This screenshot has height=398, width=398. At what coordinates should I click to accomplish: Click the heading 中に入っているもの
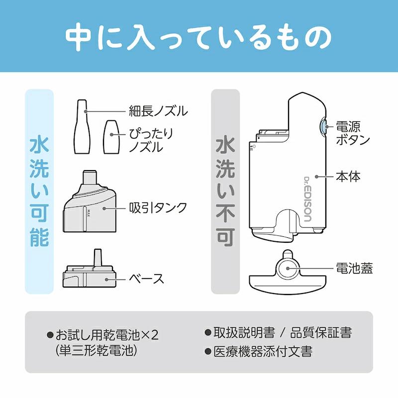(x=199, y=36)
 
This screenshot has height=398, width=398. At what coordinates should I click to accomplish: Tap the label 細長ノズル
(x=158, y=111)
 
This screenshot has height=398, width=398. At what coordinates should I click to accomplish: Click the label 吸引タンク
(x=158, y=206)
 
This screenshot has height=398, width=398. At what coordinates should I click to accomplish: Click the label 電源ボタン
(x=353, y=132)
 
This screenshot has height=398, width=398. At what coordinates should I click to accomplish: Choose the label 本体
(x=348, y=176)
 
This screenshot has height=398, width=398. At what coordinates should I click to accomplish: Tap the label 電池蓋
(x=354, y=269)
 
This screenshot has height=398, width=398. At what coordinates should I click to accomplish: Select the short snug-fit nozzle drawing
(x=111, y=137)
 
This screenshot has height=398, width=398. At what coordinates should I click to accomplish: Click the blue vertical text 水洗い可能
(x=39, y=192)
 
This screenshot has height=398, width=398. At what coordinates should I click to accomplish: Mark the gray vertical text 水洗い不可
(x=225, y=192)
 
